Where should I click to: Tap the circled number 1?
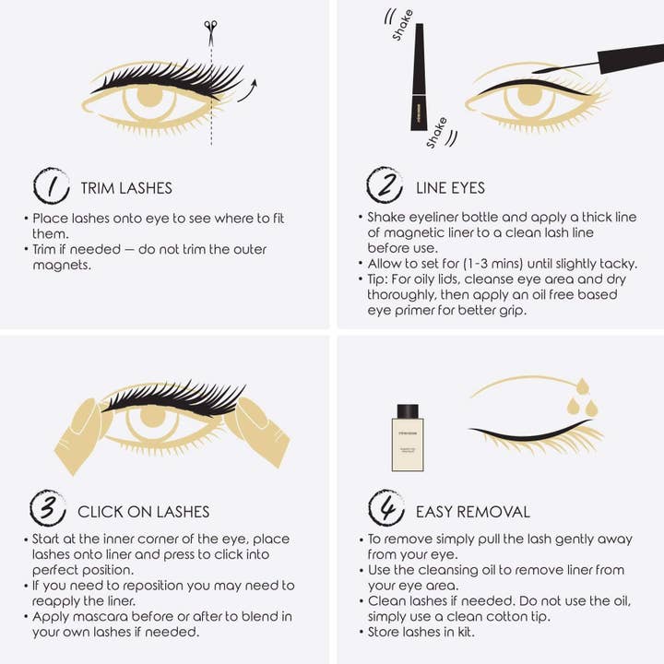(x=52, y=186)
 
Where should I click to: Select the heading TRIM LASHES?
(x=126, y=188)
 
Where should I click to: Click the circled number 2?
(x=385, y=185)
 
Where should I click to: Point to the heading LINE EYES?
(x=450, y=188)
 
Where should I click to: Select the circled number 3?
(x=49, y=509)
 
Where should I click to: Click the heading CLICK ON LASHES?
(x=143, y=512)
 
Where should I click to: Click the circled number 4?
(x=385, y=509)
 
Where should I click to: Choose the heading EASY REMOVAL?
(x=473, y=512)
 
